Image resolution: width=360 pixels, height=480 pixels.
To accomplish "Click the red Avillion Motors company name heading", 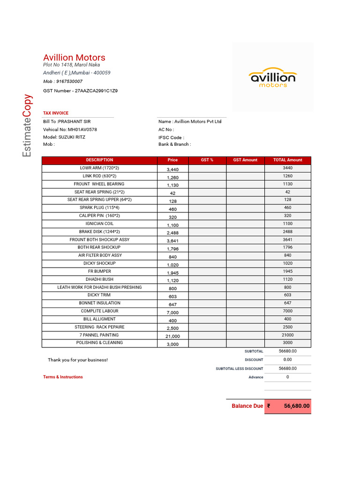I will pos(74,58).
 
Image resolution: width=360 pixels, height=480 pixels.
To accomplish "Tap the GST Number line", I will pos(80,91).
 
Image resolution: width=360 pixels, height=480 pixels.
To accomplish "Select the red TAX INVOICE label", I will pos(56,113).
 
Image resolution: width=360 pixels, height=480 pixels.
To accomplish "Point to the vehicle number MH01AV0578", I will pos(82,129).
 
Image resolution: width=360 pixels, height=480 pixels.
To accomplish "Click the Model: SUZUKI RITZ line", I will pos(64,137).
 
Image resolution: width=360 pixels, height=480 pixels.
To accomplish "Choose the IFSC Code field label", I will pos(171,138).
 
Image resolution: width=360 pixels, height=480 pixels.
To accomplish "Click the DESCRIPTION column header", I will pos(99,160).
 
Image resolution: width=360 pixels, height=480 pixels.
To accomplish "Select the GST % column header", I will pos(207,160).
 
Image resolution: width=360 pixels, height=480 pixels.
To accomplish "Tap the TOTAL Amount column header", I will pos(287,160).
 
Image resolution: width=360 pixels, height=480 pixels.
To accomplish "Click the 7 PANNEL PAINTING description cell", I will pos(99,335).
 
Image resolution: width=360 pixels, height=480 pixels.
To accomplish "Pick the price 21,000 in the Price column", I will pos(172,336).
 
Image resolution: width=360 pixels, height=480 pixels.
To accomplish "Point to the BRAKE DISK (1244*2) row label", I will pos(99,232).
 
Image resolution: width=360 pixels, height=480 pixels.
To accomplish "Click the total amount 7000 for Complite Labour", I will pos(287,311).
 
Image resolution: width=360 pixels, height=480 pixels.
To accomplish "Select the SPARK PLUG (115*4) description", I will pos(99,208).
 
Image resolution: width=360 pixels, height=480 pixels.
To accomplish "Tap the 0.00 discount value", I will pos(287,360).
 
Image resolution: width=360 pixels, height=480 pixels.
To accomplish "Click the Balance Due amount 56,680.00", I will pos(296,406).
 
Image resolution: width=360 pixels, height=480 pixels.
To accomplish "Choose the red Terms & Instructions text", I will pos(63,377).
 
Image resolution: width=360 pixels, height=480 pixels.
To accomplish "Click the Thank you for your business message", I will pos(78,360).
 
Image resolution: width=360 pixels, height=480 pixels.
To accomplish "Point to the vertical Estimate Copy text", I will pos(28,126).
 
